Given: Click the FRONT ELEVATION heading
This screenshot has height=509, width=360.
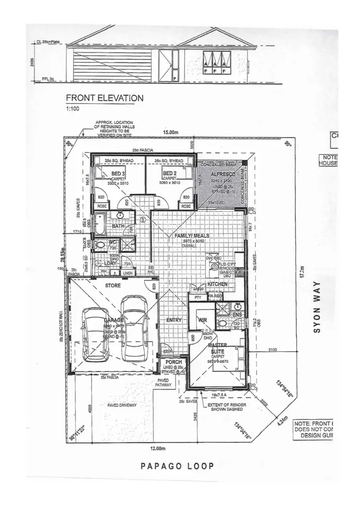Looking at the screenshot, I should pyautogui.click(x=104, y=98).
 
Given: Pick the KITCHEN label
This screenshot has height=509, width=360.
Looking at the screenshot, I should pyautogui.click(x=217, y=284).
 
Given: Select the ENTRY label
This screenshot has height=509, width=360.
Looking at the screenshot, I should pyautogui.click(x=173, y=320).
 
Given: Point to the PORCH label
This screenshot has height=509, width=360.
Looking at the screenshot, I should pyautogui.click(x=173, y=362).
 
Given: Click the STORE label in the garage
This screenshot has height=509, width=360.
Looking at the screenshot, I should pyautogui.click(x=113, y=286).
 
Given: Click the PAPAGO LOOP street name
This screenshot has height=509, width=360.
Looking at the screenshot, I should pyautogui.click(x=178, y=466).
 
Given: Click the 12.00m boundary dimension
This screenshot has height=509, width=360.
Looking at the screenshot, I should pyautogui.click(x=157, y=449).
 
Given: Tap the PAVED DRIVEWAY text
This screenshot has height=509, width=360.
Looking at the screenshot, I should pyautogui.click(x=122, y=405).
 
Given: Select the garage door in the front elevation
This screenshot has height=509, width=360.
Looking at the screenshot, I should pyautogui.click(x=113, y=66).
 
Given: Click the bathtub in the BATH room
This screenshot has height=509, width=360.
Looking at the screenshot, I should pyautogui.click(x=99, y=224).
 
